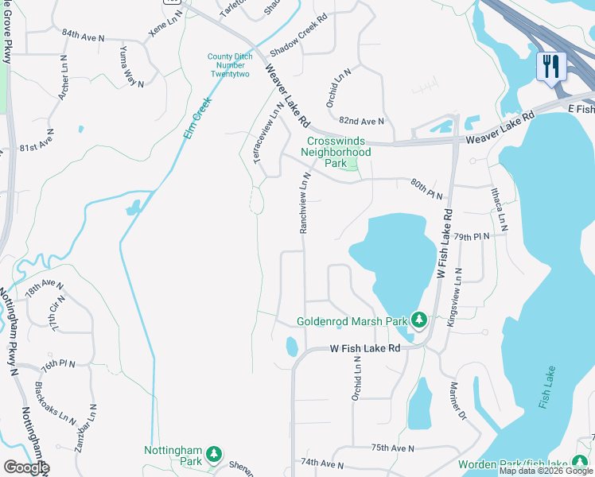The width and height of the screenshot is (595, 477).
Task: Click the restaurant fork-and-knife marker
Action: click(550, 66)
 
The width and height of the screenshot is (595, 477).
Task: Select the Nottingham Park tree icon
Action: click(213, 455)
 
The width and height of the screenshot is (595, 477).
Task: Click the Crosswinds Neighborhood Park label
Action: click(339, 146)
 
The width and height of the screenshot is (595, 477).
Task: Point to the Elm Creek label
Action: click(196, 118)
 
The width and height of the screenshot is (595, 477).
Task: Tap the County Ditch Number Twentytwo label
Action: click(229, 65)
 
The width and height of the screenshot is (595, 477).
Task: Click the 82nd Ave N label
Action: click(361, 121)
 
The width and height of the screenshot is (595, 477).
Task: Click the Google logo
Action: click(25, 467)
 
